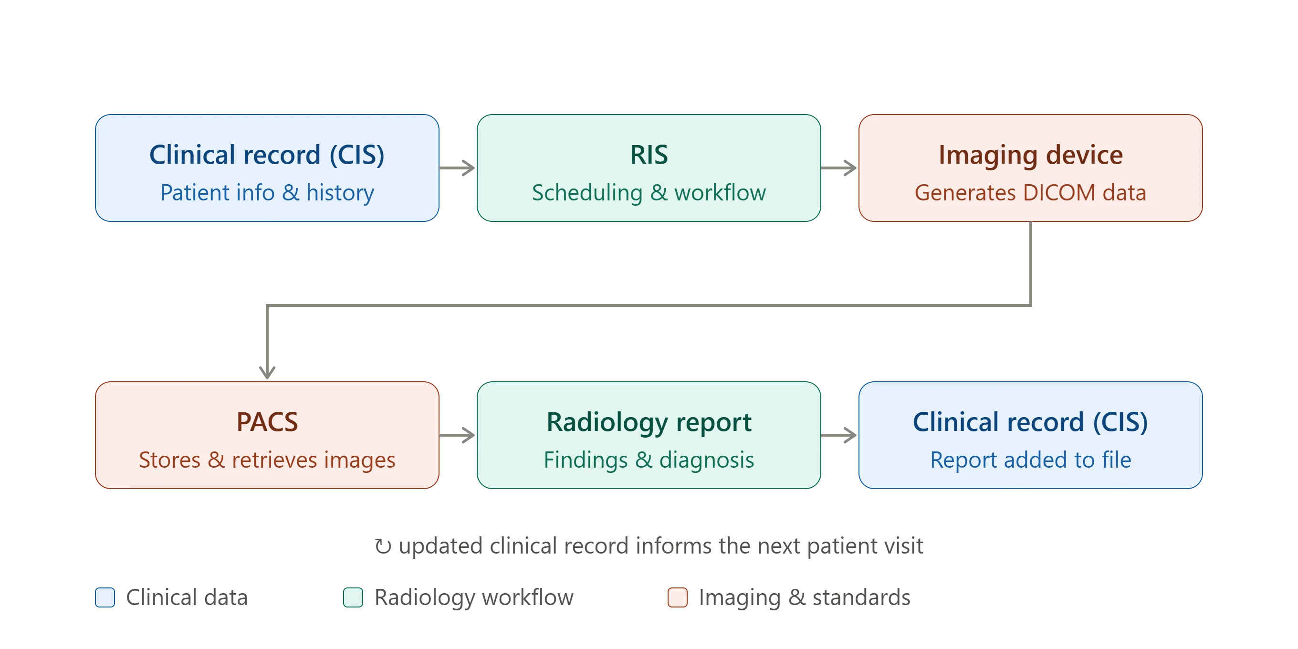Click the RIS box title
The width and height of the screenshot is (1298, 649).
649,155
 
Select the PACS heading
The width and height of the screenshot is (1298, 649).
267,422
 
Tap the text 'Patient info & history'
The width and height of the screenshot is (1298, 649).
267,192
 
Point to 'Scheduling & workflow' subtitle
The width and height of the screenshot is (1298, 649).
649,192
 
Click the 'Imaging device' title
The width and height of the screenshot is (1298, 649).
1030,155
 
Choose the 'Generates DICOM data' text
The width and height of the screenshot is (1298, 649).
1030,192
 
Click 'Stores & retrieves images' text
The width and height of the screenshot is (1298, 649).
267,460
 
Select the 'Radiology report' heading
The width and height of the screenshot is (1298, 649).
649,422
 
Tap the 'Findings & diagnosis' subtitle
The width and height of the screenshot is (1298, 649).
649,460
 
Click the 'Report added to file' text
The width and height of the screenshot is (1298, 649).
1030,460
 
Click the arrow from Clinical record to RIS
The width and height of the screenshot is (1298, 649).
457,168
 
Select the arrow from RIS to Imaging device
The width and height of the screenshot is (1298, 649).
839,168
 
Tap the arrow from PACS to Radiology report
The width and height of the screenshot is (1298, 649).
457,435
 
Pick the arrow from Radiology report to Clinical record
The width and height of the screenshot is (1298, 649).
839,435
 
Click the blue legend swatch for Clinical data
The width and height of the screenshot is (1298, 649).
105,597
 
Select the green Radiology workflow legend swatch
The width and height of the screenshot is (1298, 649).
353,597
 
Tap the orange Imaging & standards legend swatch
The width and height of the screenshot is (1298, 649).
677,597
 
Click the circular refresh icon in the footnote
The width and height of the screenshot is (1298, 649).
383,546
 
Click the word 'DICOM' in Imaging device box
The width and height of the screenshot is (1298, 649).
1059,192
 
